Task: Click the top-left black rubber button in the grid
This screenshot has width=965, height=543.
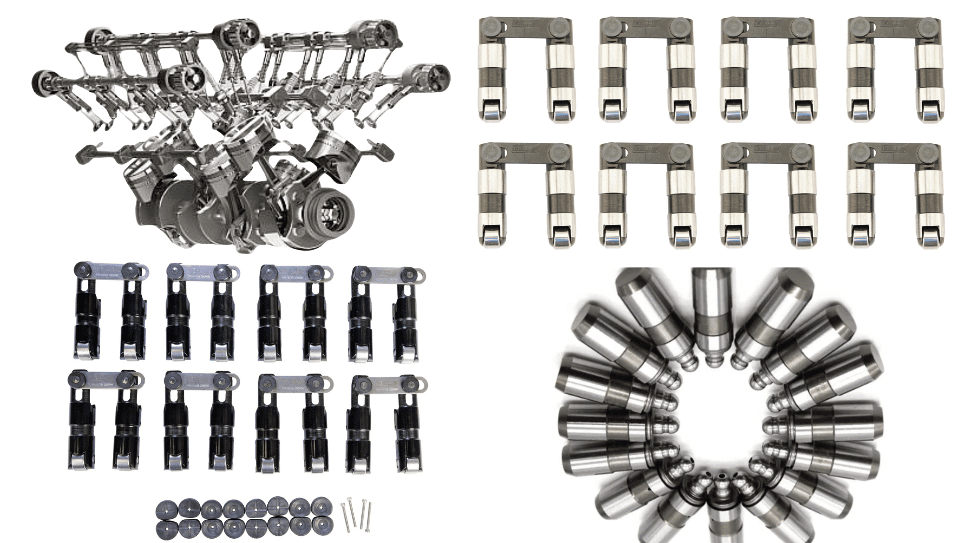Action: click(167, 509)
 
